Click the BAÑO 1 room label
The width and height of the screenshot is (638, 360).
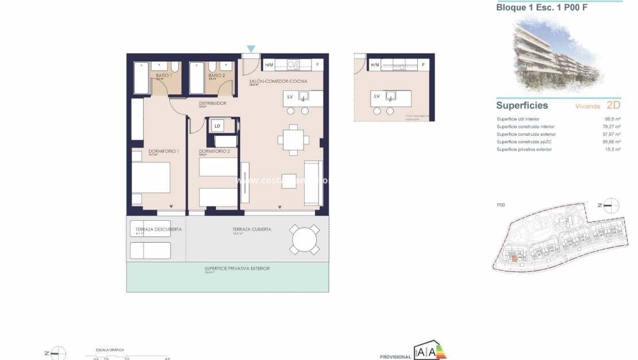pyautogui.click(x=164, y=75)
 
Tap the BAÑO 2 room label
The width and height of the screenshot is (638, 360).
pyautogui.click(x=216, y=75)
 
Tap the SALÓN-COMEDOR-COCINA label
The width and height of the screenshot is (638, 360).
pyautogui.click(x=274, y=82)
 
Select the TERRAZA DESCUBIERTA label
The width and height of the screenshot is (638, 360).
pyautogui.click(x=155, y=229)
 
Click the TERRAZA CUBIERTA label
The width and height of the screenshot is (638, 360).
pyautogui.click(x=252, y=229)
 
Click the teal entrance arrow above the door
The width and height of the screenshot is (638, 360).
pyautogui.click(x=251, y=49)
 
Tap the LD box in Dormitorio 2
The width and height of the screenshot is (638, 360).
pyautogui.click(x=217, y=126)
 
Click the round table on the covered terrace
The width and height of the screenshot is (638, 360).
pyautogui.click(x=305, y=239)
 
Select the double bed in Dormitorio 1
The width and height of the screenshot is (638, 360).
pyautogui.click(x=151, y=178)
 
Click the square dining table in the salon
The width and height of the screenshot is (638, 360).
pyautogui.click(x=293, y=139)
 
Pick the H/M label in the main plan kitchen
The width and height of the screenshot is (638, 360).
pyautogui.click(x=268, y=64)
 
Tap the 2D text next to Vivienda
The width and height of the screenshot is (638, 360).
pyautogui.click(x=613, y=105)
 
